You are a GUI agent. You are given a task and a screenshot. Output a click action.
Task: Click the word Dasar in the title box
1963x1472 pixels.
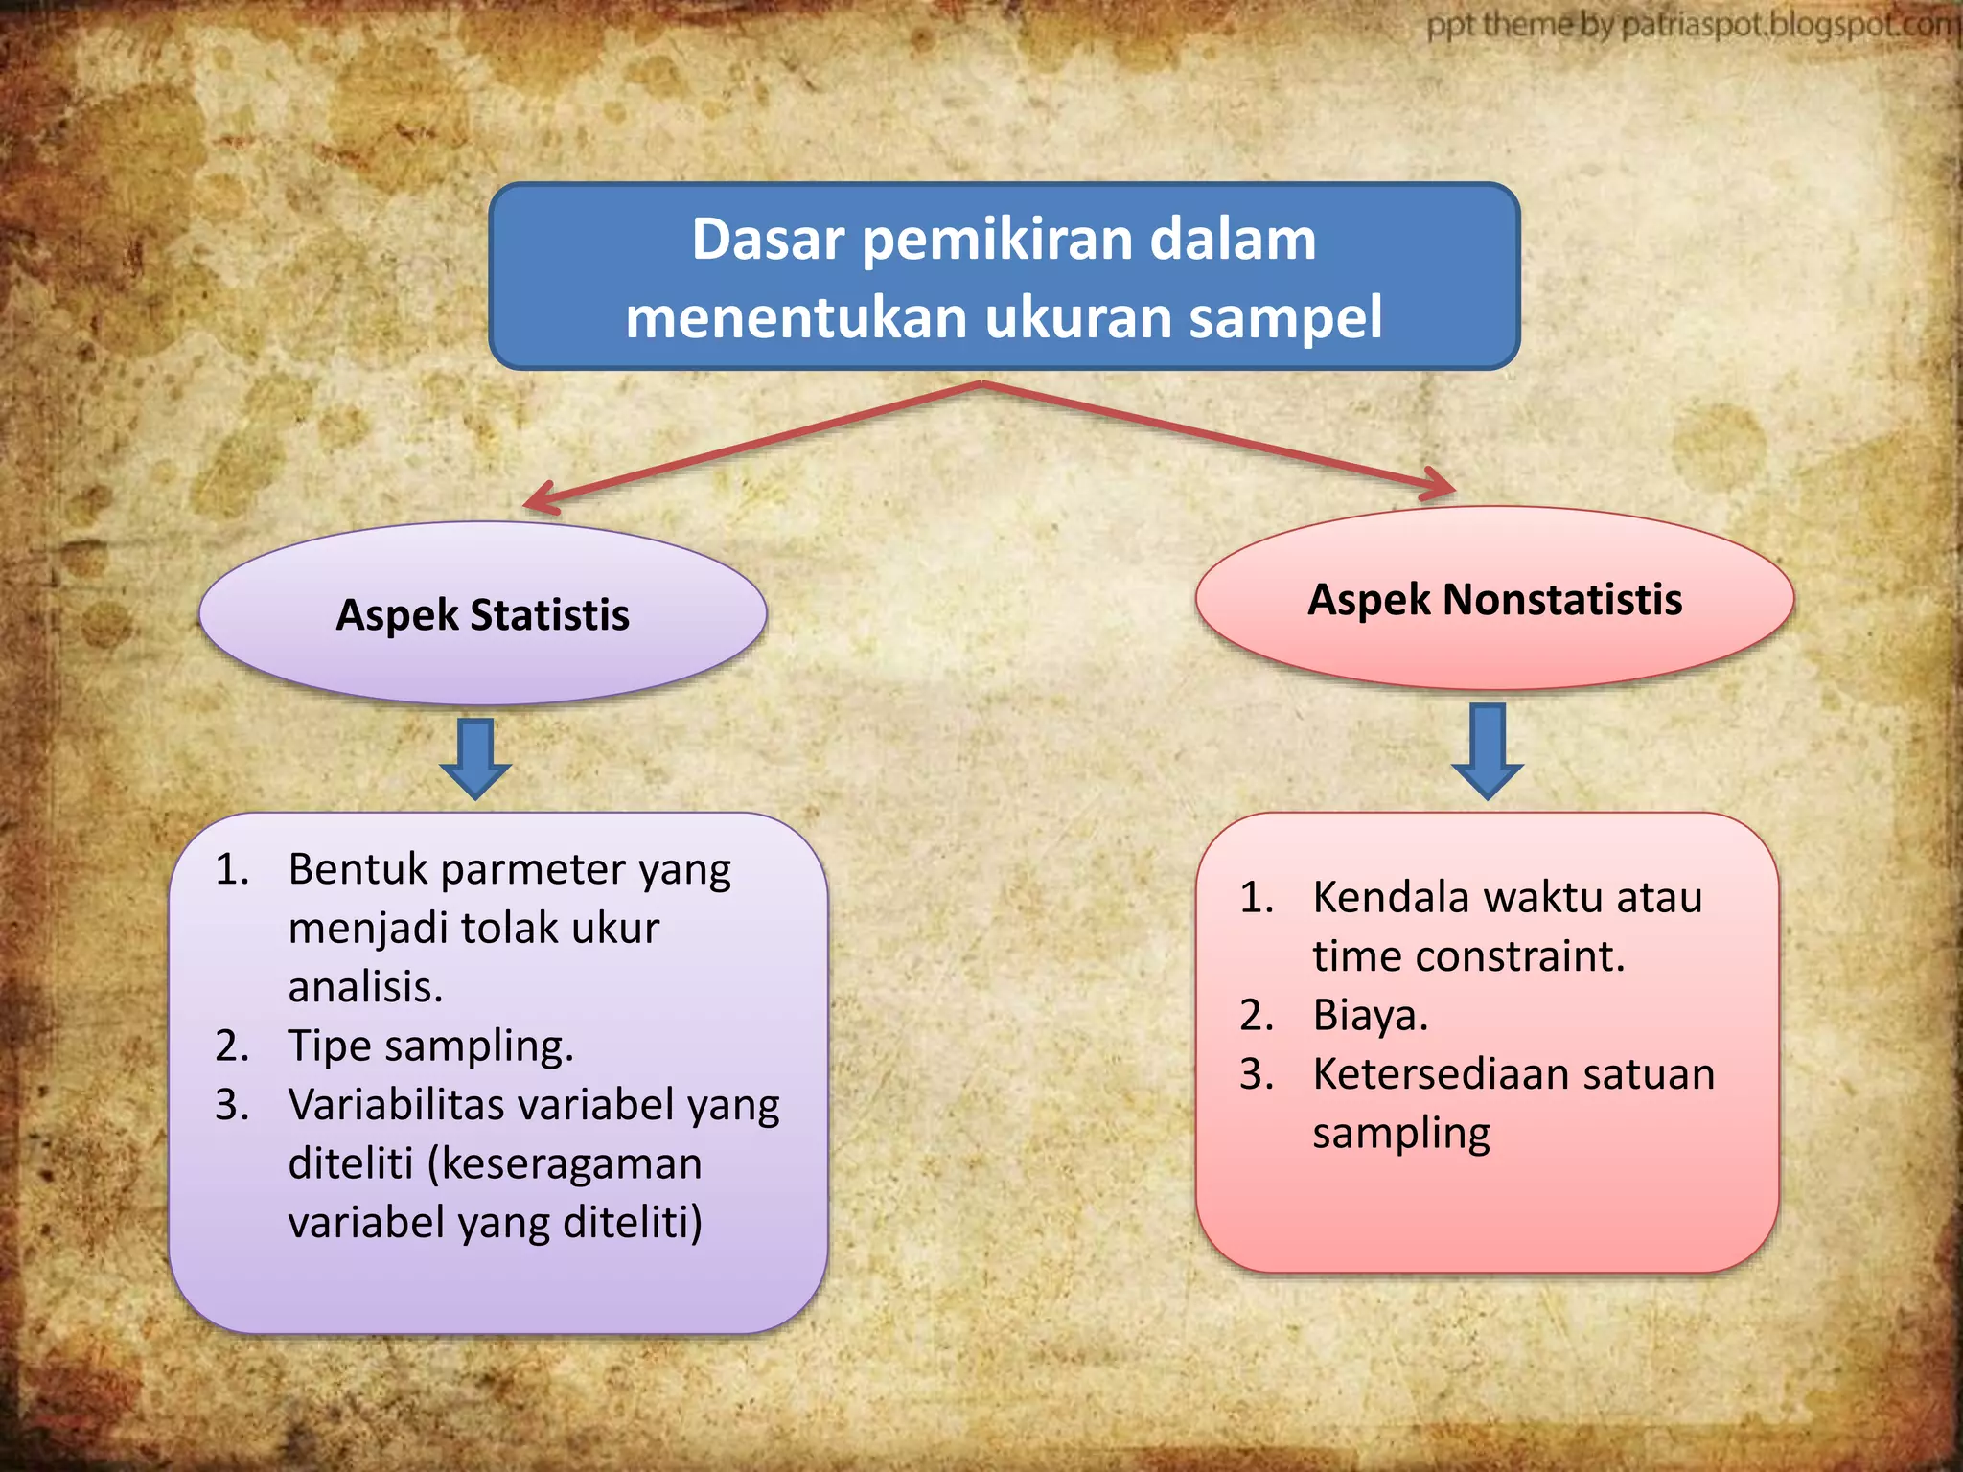(x=770, y=239)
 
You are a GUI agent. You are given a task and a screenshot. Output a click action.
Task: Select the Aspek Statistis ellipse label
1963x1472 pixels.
(x=482, y=614)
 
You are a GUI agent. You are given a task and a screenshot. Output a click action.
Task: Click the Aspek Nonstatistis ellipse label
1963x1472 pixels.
(x=1494, y=599)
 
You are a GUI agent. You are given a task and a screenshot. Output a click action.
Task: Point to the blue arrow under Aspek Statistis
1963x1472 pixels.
(x=475, y=758)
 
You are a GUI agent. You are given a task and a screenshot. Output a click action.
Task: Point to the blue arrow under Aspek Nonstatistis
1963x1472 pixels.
(x=1487, y=750)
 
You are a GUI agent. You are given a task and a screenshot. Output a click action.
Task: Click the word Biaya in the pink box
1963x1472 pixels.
(x=1370, y=1015)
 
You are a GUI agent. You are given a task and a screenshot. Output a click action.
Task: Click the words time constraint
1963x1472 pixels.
(x=1467, y=956)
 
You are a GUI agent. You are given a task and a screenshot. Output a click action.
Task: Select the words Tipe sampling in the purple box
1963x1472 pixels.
(x=430, y=1046)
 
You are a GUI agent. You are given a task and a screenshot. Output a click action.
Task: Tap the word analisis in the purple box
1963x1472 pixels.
(x=365, y=987)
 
